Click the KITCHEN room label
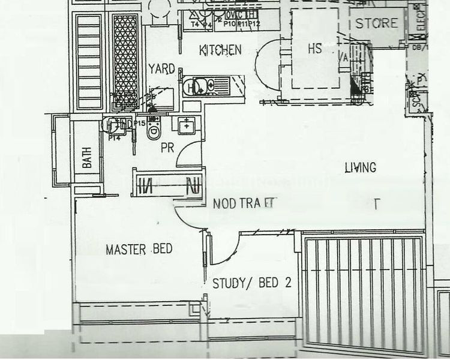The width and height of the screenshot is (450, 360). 221,50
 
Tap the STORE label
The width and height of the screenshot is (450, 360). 377,23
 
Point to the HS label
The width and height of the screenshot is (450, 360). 315,49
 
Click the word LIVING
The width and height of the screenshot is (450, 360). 360,167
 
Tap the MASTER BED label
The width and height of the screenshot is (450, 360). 134,249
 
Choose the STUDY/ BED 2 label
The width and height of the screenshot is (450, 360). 252,283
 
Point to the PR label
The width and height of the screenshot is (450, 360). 167,148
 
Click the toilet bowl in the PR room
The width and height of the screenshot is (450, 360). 155,130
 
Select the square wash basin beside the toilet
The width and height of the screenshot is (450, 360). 187,125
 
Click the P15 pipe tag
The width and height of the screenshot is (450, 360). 140,123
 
